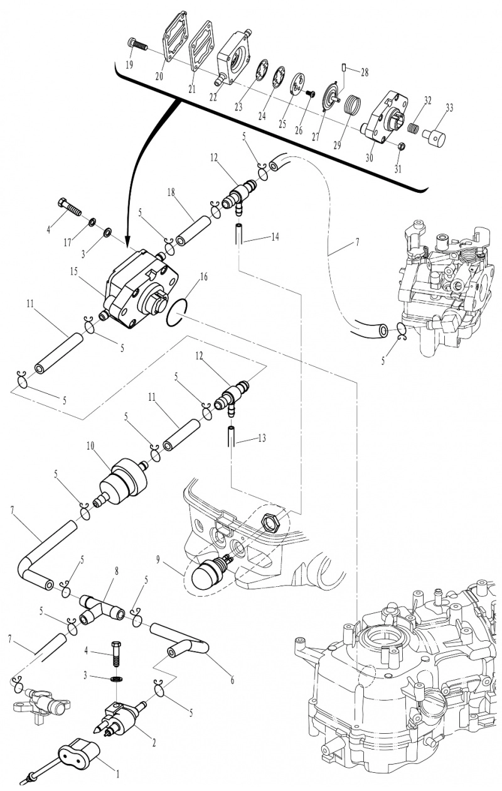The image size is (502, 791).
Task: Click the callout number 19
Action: click(129, 65)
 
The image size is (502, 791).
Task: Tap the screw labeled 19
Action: click(137, 45)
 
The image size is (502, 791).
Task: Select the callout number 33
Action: click(449, 107)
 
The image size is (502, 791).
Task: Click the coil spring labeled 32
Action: click(412, 128)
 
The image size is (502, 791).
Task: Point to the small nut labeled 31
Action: click(401, 146)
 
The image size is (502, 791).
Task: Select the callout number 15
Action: click(73, 271)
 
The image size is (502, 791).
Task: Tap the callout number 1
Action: click(118, 774)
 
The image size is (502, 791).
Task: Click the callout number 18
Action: click(171, 192)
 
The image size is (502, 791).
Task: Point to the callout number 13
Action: click(262, 439)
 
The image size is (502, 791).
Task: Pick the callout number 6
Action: click(232, 679)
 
